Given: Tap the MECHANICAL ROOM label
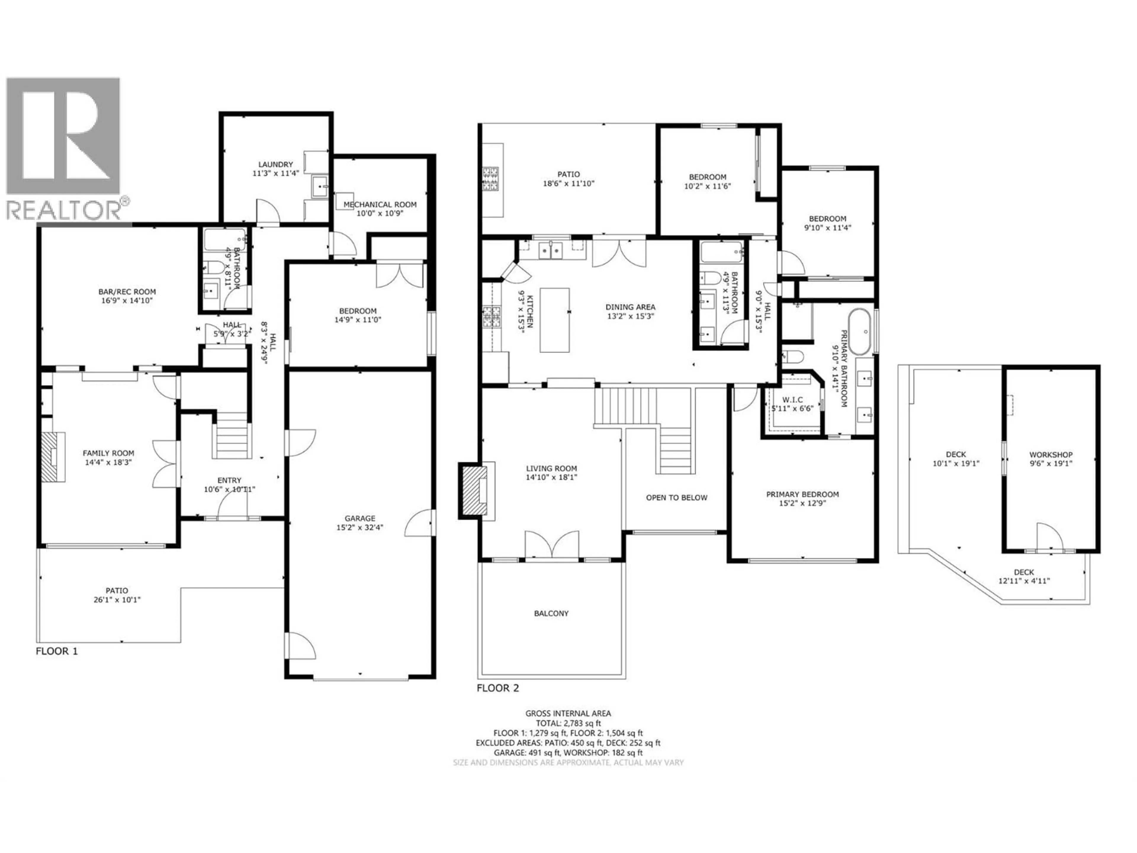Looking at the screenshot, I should pyautogui.click(x=380, y=204).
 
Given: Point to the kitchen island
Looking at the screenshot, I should pyautogui.click(x=554, y=320).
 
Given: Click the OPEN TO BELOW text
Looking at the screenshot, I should pyautogui.click(x=677, y=498).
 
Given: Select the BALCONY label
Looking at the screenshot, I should pyautogui.click(x=551, y=613).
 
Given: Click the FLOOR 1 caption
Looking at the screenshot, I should pyautogui.click(x=57, y=651).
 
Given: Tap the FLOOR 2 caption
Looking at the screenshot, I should pyautogui.click(x=497, y=688).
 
